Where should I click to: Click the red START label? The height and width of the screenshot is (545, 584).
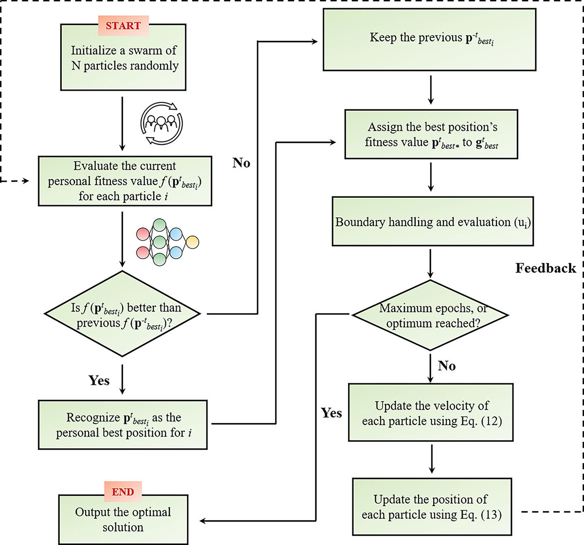123,26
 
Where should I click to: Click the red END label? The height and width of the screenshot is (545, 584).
123,492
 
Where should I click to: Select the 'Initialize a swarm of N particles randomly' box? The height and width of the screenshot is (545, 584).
123,58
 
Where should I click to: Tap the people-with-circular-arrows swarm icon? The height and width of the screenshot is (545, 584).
162,123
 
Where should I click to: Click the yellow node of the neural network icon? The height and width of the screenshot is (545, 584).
192,242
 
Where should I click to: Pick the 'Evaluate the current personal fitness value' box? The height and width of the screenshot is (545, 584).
125,181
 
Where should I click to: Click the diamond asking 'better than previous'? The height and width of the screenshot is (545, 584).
122,314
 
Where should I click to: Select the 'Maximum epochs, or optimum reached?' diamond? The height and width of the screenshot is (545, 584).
430,315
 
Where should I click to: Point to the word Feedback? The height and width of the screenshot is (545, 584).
545,268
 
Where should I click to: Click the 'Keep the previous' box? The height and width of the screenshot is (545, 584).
429,40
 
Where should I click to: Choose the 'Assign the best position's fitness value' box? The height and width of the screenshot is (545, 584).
431,134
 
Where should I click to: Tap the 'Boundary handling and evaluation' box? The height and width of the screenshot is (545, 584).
432,222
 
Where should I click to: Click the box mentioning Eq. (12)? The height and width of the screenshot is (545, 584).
431,413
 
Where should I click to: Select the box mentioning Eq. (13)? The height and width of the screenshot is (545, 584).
432,507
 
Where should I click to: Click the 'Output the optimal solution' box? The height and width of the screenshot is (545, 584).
123,519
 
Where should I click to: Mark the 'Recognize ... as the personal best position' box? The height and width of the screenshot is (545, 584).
123,424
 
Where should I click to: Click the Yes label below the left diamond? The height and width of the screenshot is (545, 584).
99,381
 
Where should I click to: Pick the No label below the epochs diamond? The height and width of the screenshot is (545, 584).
447,366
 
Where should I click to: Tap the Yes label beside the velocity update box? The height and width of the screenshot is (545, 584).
331,413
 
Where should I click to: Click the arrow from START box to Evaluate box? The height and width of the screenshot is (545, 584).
122,123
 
